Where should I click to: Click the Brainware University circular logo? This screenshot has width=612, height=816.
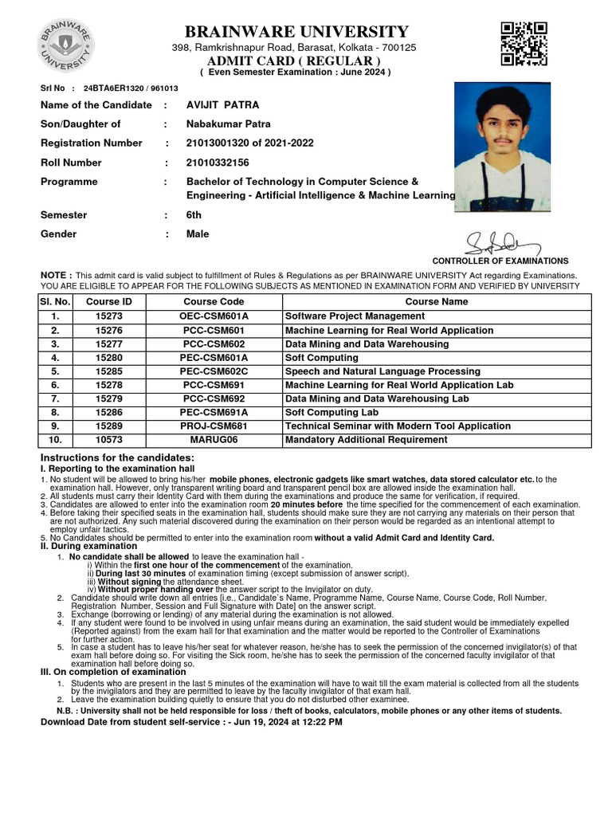click(x=65, y=44)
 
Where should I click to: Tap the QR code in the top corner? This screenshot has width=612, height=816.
click(x=523, y=43)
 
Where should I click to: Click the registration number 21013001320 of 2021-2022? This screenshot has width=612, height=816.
click(x=249, y=143)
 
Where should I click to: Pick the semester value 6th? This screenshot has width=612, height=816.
click(x=194, y=215)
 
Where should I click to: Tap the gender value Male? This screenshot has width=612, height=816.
click(x=198, y=234)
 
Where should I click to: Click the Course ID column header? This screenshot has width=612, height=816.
click(x=109, y=302)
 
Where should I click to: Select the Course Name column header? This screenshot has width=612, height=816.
click(x=437, y=302)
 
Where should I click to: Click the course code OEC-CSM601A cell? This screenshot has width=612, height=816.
click(x=214, y=316)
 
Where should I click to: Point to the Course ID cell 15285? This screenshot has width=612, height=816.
click(x=109, y=371)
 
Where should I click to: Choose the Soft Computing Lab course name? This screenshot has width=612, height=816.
click(x=331, y=413)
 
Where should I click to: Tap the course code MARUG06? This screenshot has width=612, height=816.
click(x=214, y=440)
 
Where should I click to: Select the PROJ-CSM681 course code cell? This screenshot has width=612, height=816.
click(x=214, y=426)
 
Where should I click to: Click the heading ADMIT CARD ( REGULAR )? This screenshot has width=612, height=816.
click(x=294, y=61)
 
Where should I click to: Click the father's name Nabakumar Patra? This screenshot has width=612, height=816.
click(x=228, y=124)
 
